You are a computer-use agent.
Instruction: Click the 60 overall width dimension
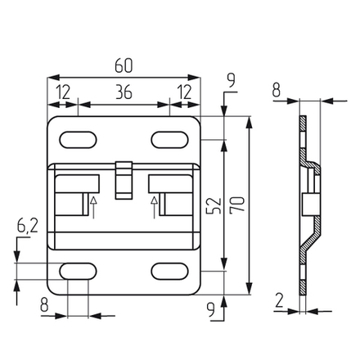(x=124, y=65)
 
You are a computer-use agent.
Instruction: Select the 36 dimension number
(x=124, y=92)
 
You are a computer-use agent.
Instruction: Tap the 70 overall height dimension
(x=237, y=205)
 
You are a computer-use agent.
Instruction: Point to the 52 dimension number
(x=214, y=205)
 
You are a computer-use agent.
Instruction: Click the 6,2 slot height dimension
(x=28, y=225)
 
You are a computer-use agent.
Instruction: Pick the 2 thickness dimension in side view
(x=279, y=300)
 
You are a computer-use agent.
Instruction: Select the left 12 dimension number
(x=63, y=92)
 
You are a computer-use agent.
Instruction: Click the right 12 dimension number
(x=184, y=92)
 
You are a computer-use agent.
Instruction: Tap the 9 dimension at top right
(x=232, y=80)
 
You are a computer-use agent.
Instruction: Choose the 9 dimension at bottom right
(x=210, y=310)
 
